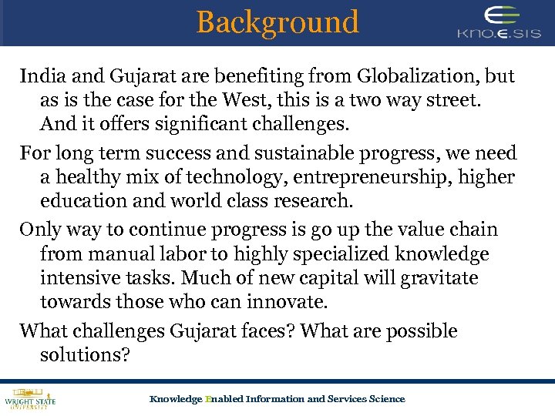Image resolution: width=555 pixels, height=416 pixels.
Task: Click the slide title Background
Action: pyautogui.click(x=277, y=22)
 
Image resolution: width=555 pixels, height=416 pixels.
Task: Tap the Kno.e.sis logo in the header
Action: pyautogui.click(x=500, y=23)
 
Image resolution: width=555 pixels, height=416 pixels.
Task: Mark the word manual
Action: pyautogui.click(x=119, y=253)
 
